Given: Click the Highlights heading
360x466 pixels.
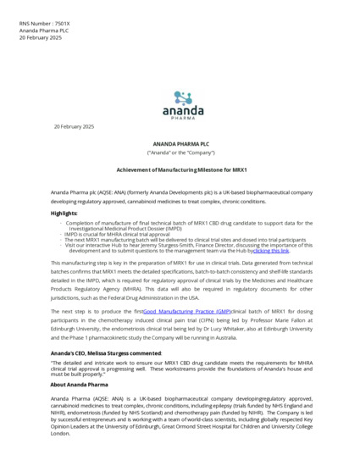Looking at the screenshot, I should click(64, 214).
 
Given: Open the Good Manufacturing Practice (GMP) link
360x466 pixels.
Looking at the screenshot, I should click(186, 313).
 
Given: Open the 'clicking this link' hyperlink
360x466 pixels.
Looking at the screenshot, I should click(271, 252).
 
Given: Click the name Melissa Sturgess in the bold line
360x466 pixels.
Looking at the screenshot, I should click(127, 352).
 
